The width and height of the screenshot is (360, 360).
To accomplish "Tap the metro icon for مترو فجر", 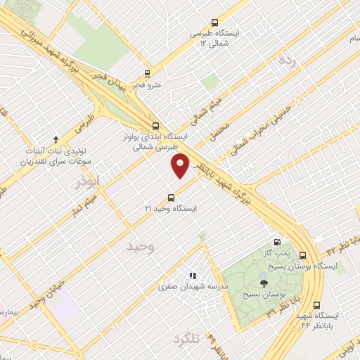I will tap(147, 73).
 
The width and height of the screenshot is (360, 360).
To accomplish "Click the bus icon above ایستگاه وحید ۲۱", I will tap(170, 198).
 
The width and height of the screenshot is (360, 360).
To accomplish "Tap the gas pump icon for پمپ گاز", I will tap(276, 241).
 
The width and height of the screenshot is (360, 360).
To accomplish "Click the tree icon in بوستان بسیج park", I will tap(264, 283).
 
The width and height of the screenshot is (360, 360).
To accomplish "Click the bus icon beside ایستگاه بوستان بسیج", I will tap(303, 255).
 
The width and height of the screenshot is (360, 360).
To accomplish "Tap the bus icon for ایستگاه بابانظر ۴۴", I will tap(316, 306).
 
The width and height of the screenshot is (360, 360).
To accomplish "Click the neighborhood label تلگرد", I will tap(187, 339).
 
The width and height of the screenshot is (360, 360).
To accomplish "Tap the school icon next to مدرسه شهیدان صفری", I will tap(192, 275).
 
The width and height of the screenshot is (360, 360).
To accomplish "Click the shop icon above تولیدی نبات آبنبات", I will tap(56, 139).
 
